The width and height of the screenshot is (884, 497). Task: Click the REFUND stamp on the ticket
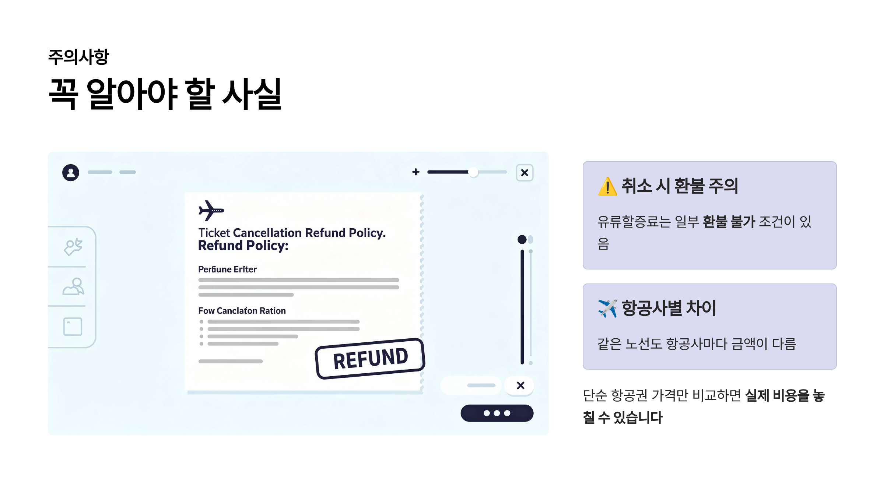pos(370,359)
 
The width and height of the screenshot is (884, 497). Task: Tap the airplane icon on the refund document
pos(211,210)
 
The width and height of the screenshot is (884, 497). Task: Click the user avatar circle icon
pos(71,172)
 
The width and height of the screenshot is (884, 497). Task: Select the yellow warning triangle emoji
pos(607,187)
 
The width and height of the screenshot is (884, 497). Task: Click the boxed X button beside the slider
pos(525,173)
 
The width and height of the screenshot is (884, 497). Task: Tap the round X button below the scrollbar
pos(520,385)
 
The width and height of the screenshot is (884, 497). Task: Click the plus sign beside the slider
pos(416,172)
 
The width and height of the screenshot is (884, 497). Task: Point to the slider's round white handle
pos(473,172)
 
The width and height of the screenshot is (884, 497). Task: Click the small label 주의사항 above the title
pos(78,57)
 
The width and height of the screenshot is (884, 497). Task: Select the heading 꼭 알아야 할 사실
pos(165,94)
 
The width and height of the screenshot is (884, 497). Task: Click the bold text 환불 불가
pos(729,222)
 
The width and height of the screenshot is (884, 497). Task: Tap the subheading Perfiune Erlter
pos(227,269)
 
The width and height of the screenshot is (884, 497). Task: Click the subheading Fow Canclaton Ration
pos(242,311)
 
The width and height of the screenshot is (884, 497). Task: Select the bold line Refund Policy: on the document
pos(243,246)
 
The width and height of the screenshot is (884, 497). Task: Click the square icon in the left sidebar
pos(73,327)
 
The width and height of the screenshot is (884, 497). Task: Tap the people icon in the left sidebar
pos(73,286)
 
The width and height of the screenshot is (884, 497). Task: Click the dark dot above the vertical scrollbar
pos(522,240)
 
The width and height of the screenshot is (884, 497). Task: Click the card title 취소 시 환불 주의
pos(680,186)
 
